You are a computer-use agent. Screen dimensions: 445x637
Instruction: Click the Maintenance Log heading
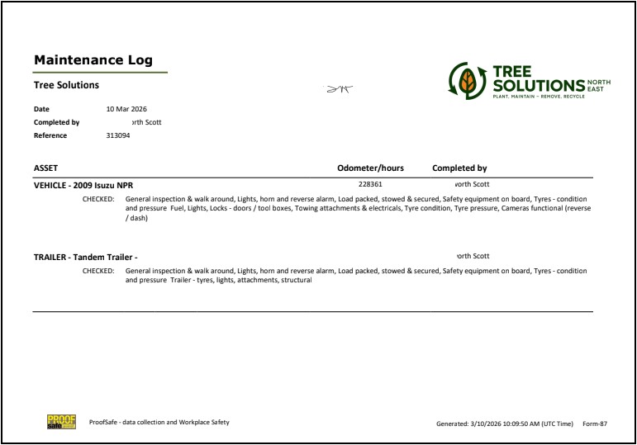click(93, 60)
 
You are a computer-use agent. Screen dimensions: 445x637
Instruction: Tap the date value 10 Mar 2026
click(126, 109)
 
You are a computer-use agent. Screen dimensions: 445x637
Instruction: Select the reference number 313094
click(118, 135)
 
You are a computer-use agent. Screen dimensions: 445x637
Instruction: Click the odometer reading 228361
click(370, 184)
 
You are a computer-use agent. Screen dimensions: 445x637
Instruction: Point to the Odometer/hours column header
click(370, 168)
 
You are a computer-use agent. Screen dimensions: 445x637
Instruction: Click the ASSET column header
click(45, 168)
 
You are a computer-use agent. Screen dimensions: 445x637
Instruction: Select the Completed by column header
click(459, 168)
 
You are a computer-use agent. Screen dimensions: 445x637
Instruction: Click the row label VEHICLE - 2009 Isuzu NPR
click(83, 185)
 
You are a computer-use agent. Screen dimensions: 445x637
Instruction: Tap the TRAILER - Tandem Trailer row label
click(85, 257)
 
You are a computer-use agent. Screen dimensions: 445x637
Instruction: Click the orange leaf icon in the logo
click(468, 82)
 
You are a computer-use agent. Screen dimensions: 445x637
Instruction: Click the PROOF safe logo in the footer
click(61, 422)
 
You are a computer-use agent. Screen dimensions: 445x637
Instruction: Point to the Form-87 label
click(595, 424)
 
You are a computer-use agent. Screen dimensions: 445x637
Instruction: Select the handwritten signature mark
click(338, 88)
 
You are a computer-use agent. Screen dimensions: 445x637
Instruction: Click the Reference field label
click(50, 135)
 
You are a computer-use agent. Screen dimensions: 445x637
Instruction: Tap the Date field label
click(41, 109)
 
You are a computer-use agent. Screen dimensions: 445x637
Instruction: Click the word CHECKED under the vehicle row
click(98, 200)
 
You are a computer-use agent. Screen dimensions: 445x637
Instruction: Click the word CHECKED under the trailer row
click(98, 271)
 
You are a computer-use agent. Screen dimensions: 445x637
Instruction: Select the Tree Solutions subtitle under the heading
click(66, 85)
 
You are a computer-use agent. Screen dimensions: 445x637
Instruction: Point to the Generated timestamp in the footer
click(504, 424)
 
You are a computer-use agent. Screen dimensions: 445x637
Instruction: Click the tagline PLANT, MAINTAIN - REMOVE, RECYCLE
click(538, 97)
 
